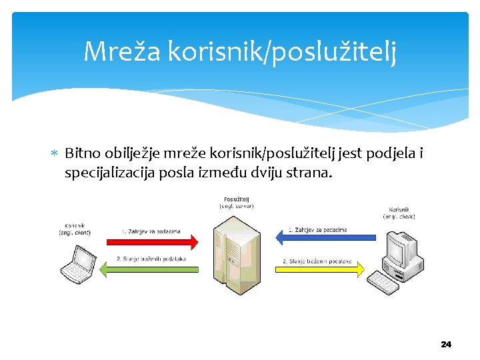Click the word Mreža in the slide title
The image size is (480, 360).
[x=122, y=51]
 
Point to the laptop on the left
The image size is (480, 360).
[x=78, y=263]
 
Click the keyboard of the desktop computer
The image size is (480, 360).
[x=384, y=281]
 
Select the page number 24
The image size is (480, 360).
[x=446, y=344]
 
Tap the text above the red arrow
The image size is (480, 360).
[x=151, y=231]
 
